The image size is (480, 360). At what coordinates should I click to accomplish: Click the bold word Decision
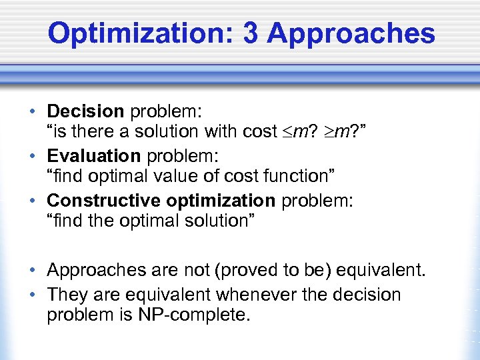(85, 110)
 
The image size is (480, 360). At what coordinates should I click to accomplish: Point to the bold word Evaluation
(93, 155)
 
